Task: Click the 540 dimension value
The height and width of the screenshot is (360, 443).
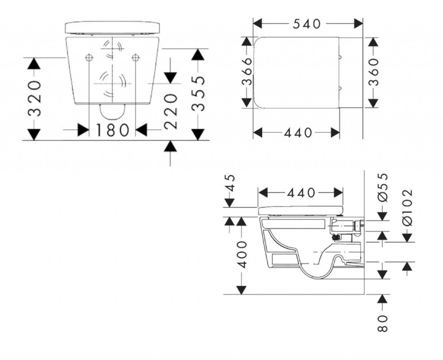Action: pyautogui.click(x=307, y=24)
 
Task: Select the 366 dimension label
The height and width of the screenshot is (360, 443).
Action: pyautogui.click(x=247, y=71)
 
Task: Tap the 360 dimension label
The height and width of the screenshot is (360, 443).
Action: pyautogui.click(x=373, y=72)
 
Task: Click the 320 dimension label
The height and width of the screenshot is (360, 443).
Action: pyautogui.click(x=35, y=98)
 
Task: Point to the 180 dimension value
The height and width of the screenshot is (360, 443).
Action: pyautogui.click(x=112, y=130)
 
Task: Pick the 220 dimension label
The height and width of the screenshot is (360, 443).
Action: pyautogui.click(x=170, y=111)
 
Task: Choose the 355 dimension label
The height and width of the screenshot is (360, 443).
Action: pyautogui.click(x=198, y=94)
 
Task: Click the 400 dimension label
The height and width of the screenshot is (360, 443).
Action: pyautogui.click(x=241, y=254)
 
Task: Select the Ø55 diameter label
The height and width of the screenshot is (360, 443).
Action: pyautogui.click(x=382, y=188)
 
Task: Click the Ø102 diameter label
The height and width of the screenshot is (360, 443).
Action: pyautogui.click(x=407, y=208)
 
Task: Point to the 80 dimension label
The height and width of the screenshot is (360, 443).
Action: pyautogui.click(x=382, y=323)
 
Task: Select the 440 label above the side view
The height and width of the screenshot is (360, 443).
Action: pyautogui.click(x=301, y=193)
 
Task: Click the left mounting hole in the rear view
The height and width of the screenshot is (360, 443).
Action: pyautogui.click(x=89, y=58)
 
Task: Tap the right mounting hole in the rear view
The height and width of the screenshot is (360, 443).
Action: pyautogui.click(x=136, y=58)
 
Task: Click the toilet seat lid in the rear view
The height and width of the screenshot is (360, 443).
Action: pyautogui.click(x=113, y=28)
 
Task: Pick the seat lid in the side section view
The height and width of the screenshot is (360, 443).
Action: pyautogui.click(x=301, y=211)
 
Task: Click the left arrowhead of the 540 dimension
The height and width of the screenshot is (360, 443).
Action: pyautogui.click(x=258, y=23)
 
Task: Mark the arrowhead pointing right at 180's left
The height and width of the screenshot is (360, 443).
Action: pyautogui.click(x=83, y=130)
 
